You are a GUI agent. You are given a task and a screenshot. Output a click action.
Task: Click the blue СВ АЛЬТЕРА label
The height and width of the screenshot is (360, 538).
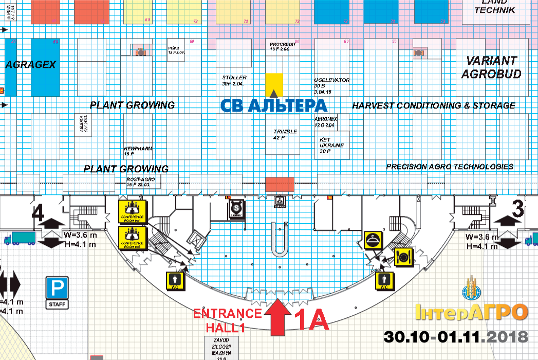(274, 105)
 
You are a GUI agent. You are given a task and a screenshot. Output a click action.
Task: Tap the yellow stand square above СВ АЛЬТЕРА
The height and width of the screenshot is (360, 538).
(274, 83)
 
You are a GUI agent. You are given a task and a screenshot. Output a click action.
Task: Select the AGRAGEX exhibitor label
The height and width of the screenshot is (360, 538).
(30, 65)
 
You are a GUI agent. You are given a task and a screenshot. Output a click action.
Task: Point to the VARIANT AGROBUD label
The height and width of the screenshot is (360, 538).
(491, 67)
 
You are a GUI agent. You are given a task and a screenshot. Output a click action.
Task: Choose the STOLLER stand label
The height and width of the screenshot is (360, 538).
(234, 80)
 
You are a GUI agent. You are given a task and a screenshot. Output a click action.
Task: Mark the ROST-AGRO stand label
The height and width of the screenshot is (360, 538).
(138, 182)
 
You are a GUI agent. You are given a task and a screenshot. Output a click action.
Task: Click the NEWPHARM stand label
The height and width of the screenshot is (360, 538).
(138, 151)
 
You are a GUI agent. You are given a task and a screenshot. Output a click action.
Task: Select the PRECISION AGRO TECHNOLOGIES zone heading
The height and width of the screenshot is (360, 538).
(450, 167)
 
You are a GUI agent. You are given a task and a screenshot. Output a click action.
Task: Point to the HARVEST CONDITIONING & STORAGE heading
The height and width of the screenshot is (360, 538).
(433, 105)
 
